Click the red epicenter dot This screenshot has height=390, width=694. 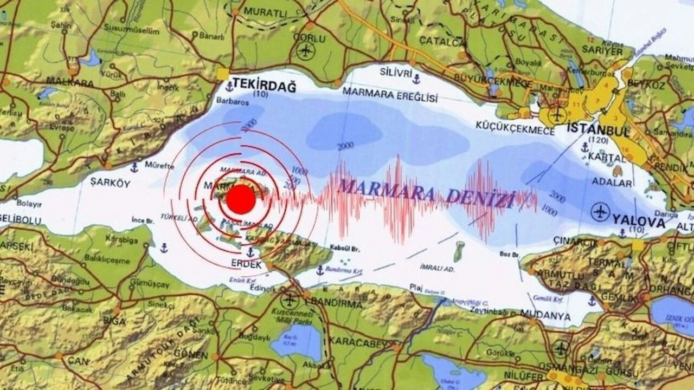click(x=241, y=199)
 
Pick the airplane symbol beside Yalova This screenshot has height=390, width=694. click(x=600, y=211)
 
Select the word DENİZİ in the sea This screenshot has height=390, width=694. click(x=479, y=199)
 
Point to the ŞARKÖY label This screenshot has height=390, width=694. click(x=110, y=183)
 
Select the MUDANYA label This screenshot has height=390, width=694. click(x=545, y=315)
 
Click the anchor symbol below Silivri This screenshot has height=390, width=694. click(x=416, y=80)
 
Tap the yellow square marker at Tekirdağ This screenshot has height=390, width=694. click(x=223, y=74)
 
